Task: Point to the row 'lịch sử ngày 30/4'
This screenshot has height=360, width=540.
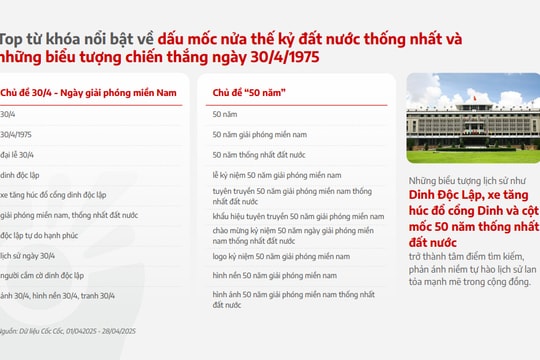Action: click(x=31, y=256)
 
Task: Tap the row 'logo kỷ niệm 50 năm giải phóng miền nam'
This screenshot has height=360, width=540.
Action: click(x=282, y=256)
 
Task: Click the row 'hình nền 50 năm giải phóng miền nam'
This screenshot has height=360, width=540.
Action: click(x=274, y=275)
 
